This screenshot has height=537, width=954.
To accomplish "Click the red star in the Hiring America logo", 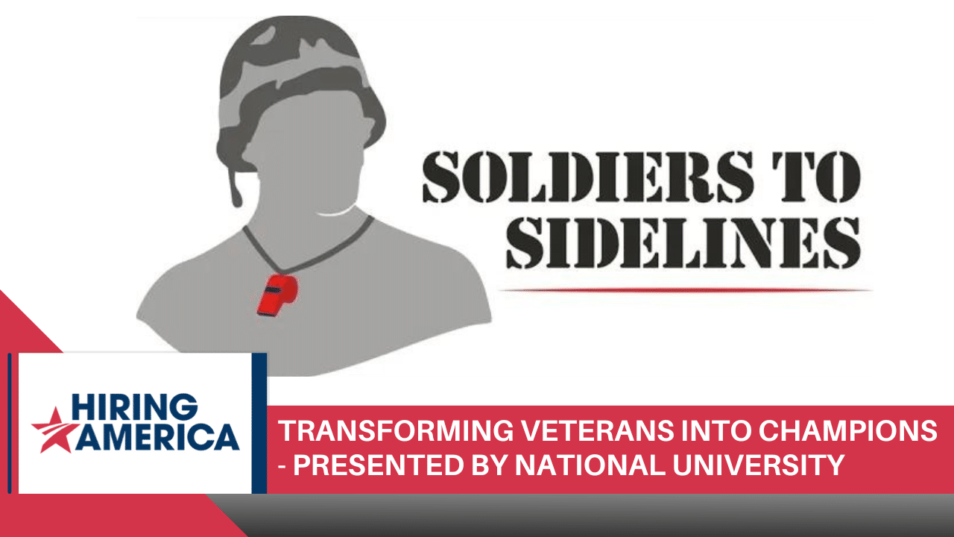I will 54,429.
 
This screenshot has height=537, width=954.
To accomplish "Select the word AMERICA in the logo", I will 159,437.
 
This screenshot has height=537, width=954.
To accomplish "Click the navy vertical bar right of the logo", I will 259,422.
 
